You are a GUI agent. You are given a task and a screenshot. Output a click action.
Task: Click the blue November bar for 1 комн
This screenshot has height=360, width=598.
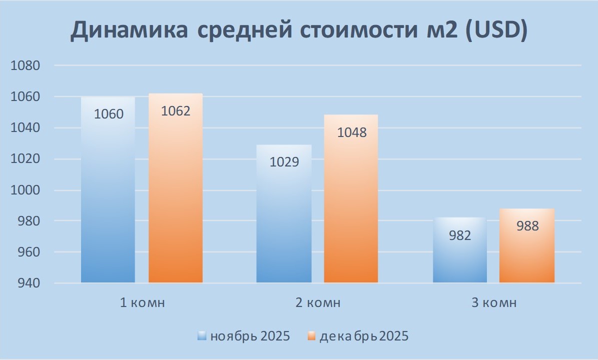[x=108, y=200]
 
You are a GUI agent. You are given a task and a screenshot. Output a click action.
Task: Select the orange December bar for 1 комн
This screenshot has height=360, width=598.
[x=176, y=200]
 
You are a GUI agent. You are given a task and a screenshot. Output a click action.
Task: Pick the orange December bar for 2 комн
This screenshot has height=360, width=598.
[x=351, y=210]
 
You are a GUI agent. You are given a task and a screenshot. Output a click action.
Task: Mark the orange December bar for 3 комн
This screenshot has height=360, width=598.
[x=527, y=255]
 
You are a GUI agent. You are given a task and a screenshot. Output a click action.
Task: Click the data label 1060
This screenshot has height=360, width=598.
[x=108, y=114]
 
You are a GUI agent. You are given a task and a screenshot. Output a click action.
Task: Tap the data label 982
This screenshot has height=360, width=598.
[x=460, y=235]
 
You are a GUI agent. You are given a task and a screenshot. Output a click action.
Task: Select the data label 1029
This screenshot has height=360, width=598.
[x=284, y=162]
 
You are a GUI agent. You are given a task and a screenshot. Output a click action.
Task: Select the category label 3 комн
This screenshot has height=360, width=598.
[x=494, y=303]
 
